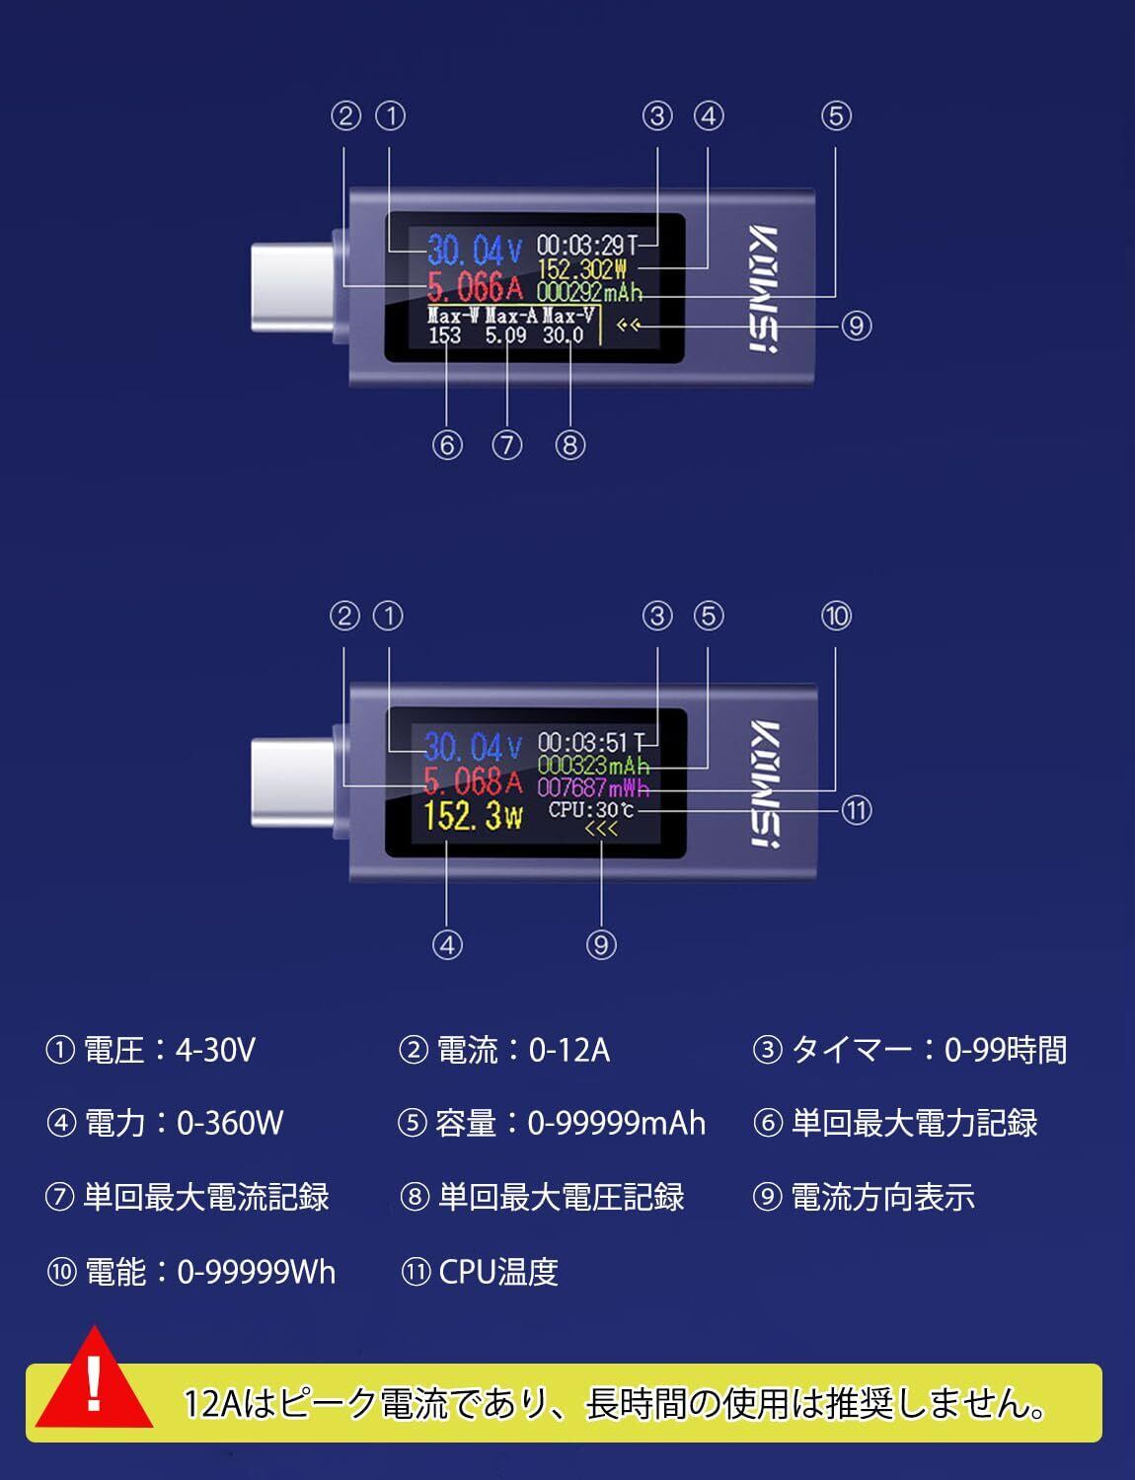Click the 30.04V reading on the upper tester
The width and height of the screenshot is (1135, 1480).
[474, 251]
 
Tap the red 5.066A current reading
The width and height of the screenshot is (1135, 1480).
[474, 287]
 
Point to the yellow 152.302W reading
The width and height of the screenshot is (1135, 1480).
[582, 268]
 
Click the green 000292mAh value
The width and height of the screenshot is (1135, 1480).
[589, 293]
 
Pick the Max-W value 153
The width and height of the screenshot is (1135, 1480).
[445, 335]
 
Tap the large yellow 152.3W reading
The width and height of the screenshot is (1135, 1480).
[473, 816]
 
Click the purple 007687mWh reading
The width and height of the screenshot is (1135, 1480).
[593, 788]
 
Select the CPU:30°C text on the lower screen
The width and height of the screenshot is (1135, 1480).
[591, 810]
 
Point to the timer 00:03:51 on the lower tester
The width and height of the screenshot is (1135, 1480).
[583, 742]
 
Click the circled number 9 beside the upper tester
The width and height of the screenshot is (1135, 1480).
[856, 326]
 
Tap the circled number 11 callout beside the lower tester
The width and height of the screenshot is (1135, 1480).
[856, 810]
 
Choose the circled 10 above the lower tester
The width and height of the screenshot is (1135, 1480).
[835, 617]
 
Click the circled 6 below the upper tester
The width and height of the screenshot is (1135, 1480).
[447, 445]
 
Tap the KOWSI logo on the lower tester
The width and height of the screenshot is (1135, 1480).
[763, 784]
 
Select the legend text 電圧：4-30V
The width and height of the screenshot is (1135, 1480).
[169, 1050]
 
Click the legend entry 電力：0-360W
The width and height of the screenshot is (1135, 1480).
[184, 1123]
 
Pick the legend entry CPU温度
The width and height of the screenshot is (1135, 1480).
[497, 1272]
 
